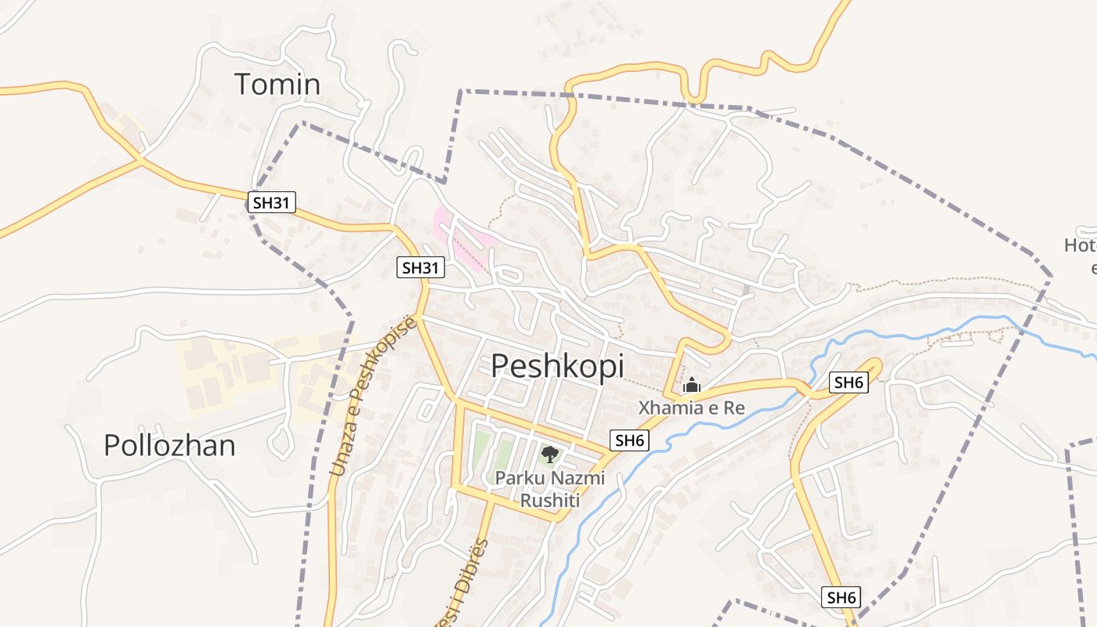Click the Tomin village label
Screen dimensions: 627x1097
click(x=277, y=85)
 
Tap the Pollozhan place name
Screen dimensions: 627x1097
click(x=169, y=445)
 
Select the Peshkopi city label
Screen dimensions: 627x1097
click(x=557, y=366)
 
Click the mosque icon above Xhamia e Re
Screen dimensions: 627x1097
click(x=691, y=385)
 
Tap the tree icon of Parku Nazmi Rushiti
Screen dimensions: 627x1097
click(x=550, y=453)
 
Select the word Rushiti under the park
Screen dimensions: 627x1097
click(x=549, y=499)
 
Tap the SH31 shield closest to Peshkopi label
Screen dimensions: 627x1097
click(x=420, y=267)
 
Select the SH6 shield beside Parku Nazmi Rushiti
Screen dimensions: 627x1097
click(x=629, y=440)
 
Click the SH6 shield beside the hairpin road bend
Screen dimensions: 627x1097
click(x=849, y=382)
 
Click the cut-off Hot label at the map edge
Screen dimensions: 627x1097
click(x=1081, y=245)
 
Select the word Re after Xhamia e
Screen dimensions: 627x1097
click(x=734, y=408)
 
